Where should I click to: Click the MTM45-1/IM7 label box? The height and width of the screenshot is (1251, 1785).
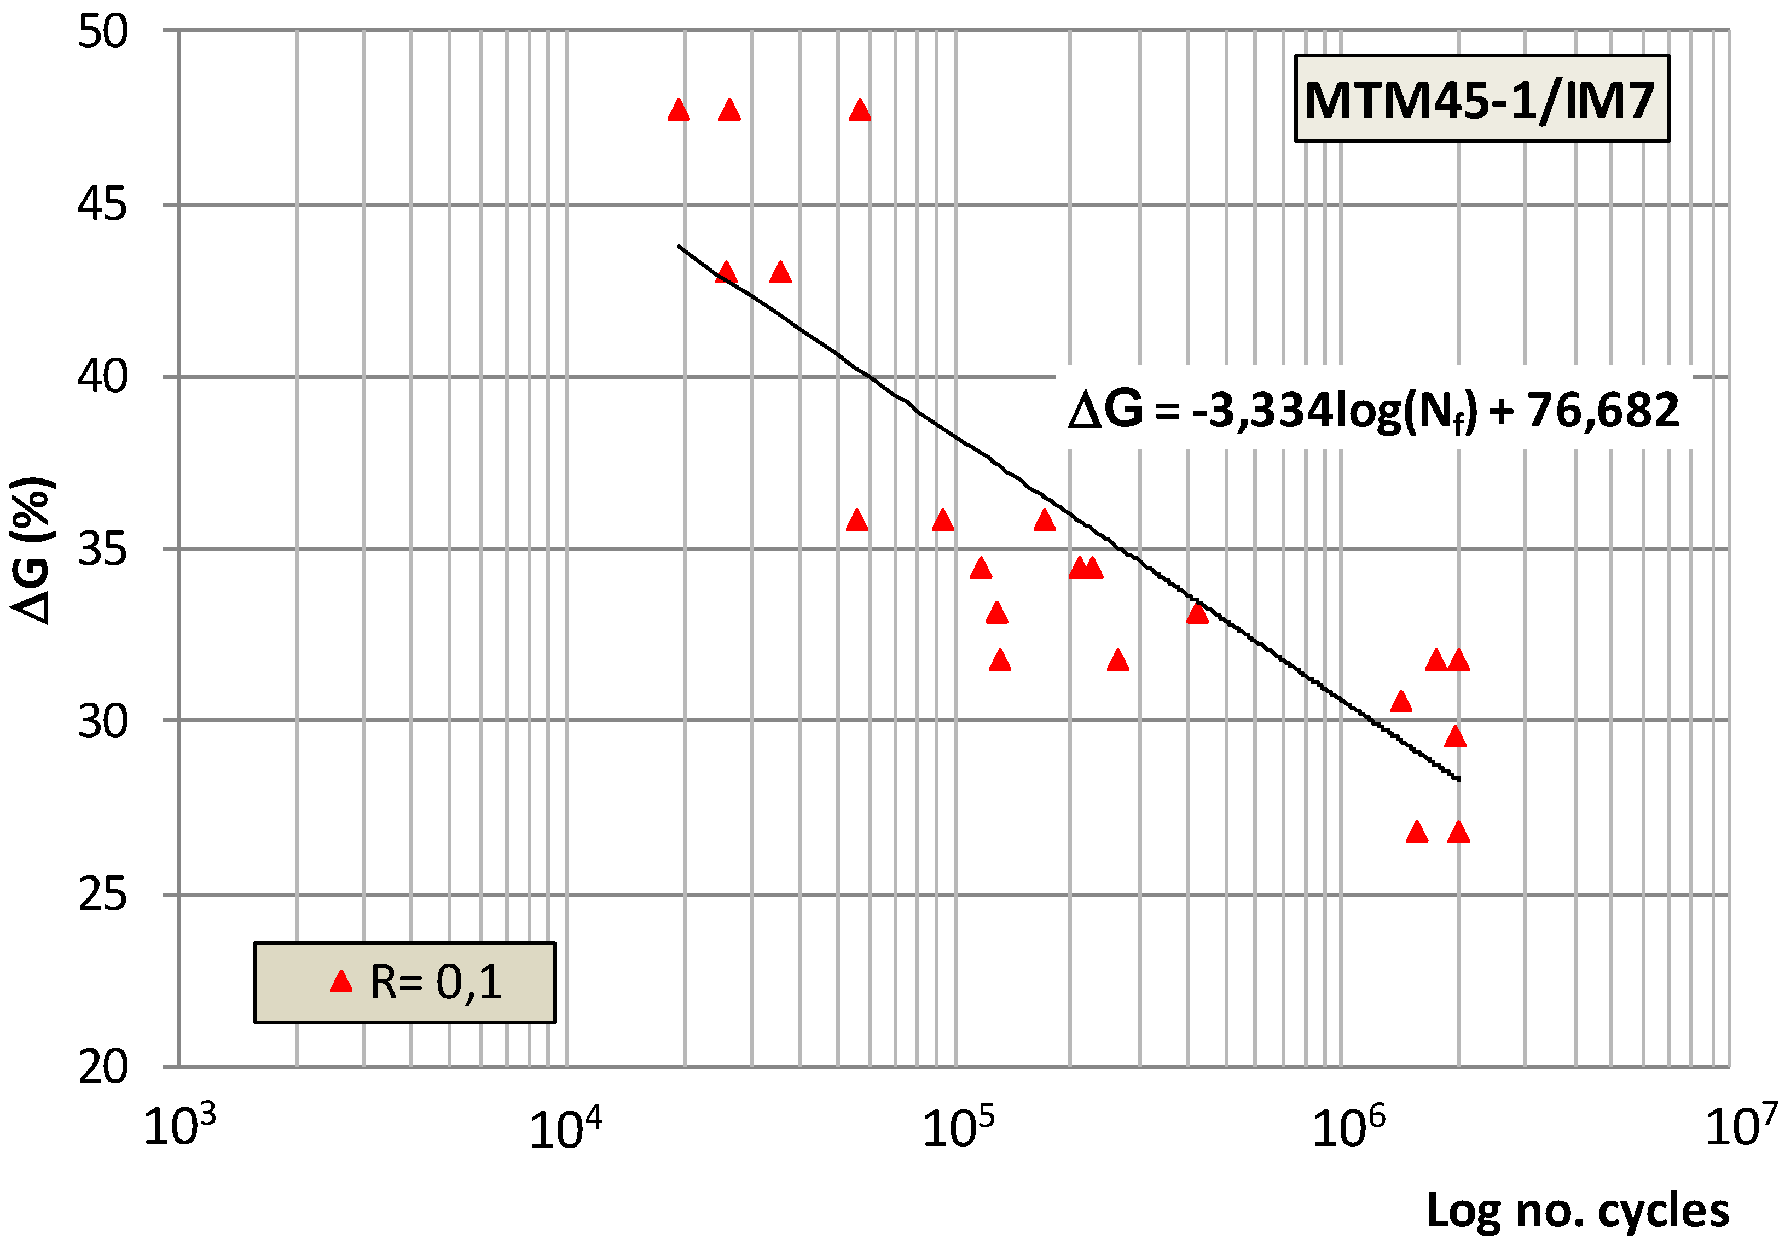pos(1481,98)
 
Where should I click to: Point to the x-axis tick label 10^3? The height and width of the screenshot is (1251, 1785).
pos(179,1127)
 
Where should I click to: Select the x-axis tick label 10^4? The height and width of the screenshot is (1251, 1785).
pos(565,1128)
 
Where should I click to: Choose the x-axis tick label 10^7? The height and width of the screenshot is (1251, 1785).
pos(1741,1127)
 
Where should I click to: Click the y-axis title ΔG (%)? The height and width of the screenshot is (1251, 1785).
pos(33,550)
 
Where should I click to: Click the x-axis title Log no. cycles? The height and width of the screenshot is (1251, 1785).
pos(1578,1211)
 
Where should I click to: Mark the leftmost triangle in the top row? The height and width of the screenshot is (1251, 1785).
pos(679,110)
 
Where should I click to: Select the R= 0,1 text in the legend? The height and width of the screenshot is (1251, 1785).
pos(436,982)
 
